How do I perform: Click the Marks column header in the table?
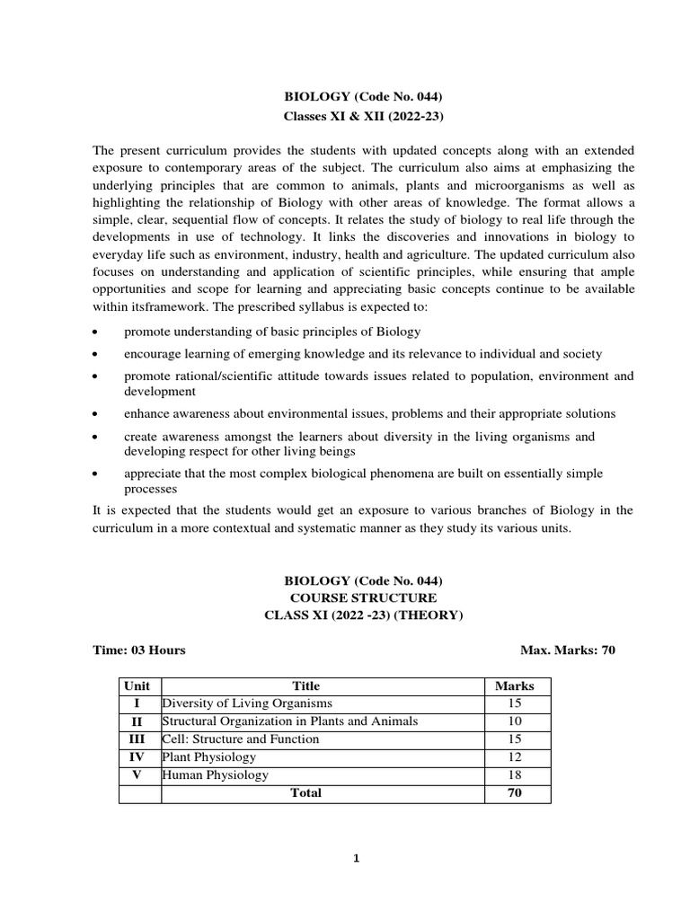click(x=515, y=686)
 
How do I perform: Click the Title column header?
click(x=306, y=686)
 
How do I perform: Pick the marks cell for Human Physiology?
click(x=515, y=775)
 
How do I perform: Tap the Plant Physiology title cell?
click(x=208, y=757)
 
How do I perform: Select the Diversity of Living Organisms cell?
click(x=247, y=703)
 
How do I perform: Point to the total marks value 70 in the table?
click(x=515, y=793)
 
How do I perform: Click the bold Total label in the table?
click(x=305, y=793)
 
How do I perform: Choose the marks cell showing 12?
click(x=515, y=757)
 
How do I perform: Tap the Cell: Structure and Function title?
click(x=240, y=739)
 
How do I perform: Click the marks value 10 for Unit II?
click(x=515, y=721)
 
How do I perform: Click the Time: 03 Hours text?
click(x=139, y=650)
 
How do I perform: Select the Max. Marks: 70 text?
click(x=567, y=650)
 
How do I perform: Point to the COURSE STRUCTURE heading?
click(x=363, y=597)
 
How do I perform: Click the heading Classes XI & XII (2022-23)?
click(x=363, y=118)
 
